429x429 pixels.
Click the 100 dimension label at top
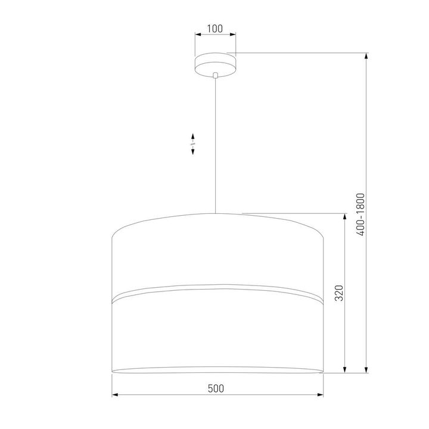pyautogui.click(x=215, y=28)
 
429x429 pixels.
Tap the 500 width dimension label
pyautogui.click(x=216, y=388)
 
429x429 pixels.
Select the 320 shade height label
pyautogui.click(x=338, y=294)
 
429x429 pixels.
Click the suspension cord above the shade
pyautogui.click(x=216, y=143)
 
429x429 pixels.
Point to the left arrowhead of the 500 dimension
pyautogui.click(x=115, y=394)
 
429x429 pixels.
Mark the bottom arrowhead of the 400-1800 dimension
pyautogui.click(x=365, y=370)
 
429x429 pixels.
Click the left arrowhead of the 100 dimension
pyautogui.click(x=198, y=35)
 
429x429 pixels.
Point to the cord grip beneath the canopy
pyautogui.click(x=216, y=75)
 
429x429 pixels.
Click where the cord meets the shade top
pyautogui.click(x=216, y=213)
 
